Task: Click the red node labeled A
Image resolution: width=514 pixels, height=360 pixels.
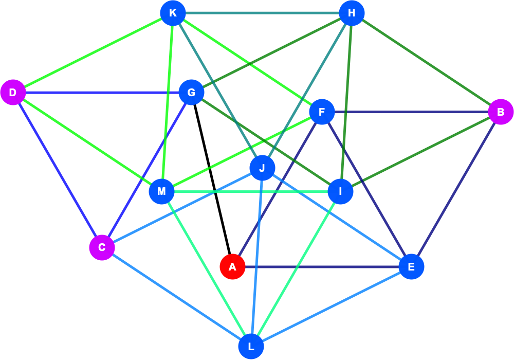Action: pos(232,266)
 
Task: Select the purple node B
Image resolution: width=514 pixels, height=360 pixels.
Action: pos(501,112)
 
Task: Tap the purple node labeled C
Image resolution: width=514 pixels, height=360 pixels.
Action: pos(102,247)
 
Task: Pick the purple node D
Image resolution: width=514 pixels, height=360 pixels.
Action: pos(13,93)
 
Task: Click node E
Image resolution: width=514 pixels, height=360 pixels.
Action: pos(411,266)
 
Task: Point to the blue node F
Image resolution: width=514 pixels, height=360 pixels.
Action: pos(322,112)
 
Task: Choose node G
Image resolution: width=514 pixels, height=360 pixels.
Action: pos(191,93)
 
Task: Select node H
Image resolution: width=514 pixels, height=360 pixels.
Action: pos(352,13)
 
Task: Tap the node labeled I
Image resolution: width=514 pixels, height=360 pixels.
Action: pos(341,191)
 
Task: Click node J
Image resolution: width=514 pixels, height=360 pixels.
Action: pos(262,168)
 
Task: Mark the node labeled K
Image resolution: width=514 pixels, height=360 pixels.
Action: pos(173,13)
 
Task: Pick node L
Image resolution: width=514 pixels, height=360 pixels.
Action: pos(251,346)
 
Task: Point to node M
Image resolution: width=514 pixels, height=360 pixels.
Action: pos(161,191)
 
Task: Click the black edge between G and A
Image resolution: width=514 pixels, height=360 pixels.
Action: pos(212,179)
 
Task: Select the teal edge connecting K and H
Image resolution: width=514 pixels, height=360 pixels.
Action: pos(262,13)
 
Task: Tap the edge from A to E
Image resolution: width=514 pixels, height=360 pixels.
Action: pos(322,266)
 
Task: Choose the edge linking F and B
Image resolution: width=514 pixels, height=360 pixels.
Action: pos(411,112)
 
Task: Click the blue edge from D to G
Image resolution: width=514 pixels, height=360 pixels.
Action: pos(102,93)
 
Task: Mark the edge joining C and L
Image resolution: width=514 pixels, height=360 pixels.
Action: pos(176,297)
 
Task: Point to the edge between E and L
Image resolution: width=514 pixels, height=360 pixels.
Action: pos(331,307)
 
